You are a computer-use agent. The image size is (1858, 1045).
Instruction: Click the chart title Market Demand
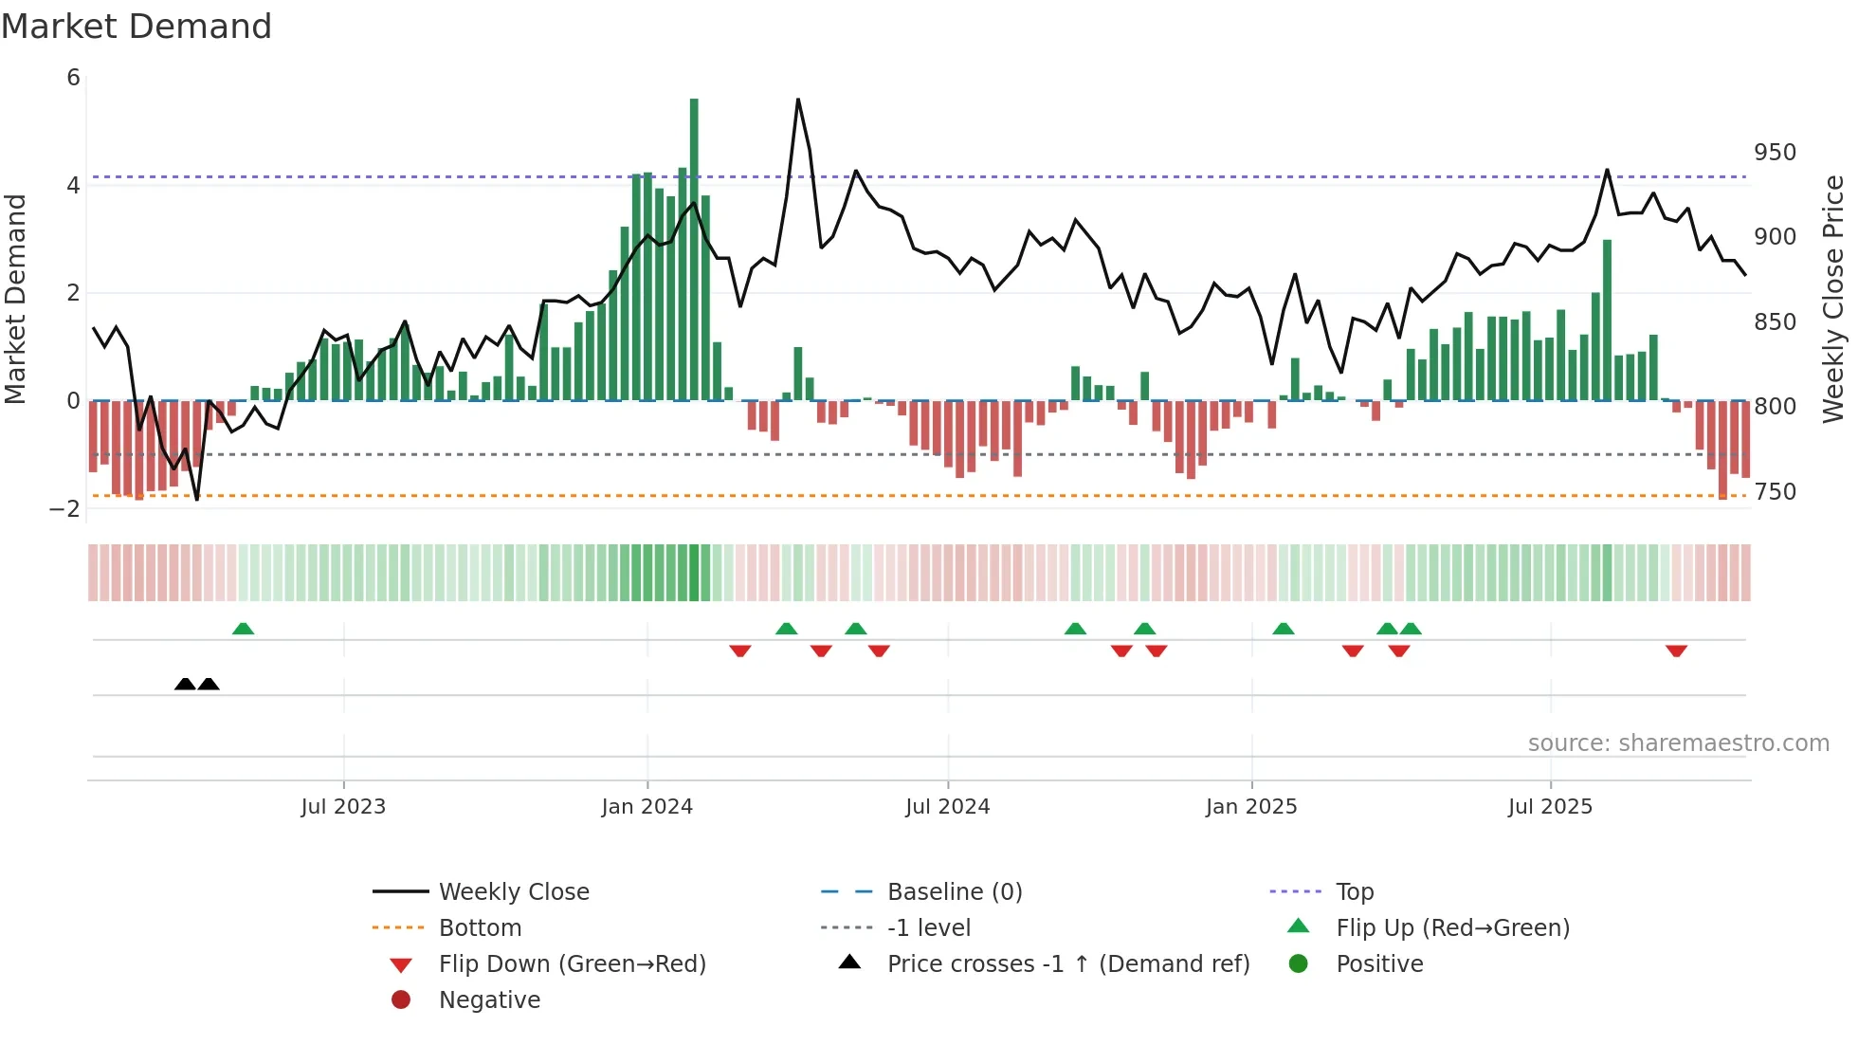[137, 27]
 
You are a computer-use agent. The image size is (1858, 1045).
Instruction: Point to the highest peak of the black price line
[798, 100]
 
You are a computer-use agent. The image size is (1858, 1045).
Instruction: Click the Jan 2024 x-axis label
[647, 807]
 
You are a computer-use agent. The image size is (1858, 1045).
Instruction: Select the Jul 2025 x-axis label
[1550, 807]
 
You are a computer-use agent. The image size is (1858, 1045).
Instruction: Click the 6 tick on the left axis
[74, 78]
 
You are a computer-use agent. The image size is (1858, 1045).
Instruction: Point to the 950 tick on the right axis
[1775, 153]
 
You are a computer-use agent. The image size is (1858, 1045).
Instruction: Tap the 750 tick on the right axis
[1775, 492]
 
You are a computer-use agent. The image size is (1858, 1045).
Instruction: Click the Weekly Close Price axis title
[1833, 299]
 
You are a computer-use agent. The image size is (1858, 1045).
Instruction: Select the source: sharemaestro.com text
[1678, 743]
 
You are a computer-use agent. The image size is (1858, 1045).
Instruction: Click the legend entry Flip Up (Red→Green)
[1452, 928]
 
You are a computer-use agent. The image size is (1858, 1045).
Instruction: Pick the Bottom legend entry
[480, 928]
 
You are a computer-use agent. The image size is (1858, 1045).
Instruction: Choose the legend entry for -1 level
[929, 928]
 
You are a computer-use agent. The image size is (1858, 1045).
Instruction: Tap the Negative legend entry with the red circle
[489, 1000]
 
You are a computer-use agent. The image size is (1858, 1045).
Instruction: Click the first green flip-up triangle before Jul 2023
[244, 629]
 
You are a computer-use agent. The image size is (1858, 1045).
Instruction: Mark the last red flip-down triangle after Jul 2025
[1676, 651]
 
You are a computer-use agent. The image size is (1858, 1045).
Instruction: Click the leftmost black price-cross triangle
[186, 684]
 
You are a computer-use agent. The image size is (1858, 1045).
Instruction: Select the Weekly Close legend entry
[514, 892]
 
